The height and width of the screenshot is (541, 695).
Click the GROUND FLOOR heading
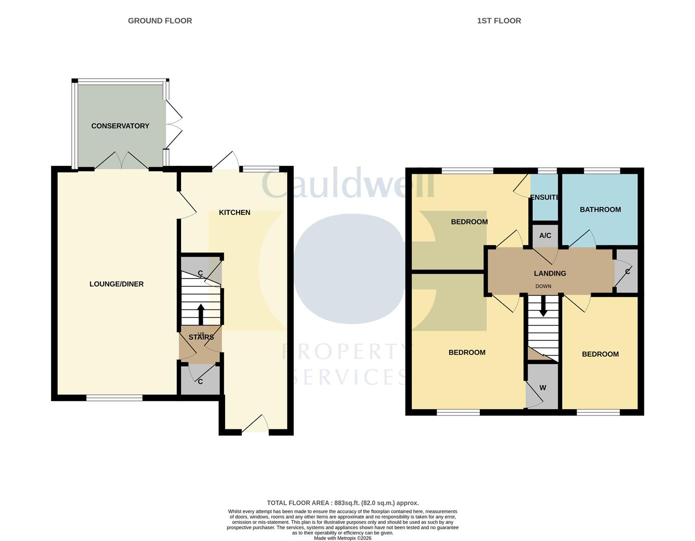pyautogui.click(x=160, y=21)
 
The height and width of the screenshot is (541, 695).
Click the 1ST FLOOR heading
pyautogui.click(x=499, y=21)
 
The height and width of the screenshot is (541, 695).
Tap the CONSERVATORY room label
pyautogui.click(x=120, y=126)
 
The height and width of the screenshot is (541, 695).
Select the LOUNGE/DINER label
pyautogui.click(x=116, y=284)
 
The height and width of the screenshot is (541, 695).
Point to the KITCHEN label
pyautogui.click(x=235, y=212)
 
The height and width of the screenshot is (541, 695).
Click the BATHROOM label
pyautogui.click(x=600, y=209)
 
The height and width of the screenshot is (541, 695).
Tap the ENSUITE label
pyautogui.click(x=545, y=197)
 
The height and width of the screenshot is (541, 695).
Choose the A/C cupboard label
pyautogui.click(x=545, y=235)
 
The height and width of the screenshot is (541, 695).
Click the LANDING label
pyautogui.click(x=550, y=274)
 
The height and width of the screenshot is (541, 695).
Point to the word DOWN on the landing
pyautogui.click(x=544, y=286)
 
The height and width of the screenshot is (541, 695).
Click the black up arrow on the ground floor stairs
pyautogui.click(x=201, y=315)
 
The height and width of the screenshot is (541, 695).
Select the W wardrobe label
pyautogui.click(x=543, y=388)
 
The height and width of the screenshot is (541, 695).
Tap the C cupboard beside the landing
pyautogui.click(x=627, y=272)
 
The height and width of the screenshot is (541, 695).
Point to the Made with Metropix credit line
pyautogui.click(x=342, y=538)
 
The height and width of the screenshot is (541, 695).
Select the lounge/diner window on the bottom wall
pyautogui.click(x=114, y=398)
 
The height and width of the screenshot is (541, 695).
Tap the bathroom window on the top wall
pyautogui.click(x=602, y=170)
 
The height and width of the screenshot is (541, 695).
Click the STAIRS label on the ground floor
pyautogui.click(x=201, y=337)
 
